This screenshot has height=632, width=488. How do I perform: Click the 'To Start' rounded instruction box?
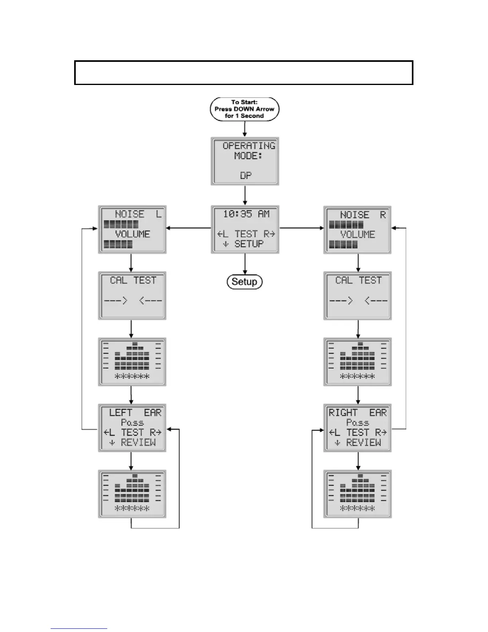click(244, 109)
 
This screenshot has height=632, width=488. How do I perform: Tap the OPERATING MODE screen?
click(244, 161)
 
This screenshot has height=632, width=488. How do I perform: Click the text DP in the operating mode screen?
click(246, 176)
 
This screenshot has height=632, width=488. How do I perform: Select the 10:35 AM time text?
click(246, 214)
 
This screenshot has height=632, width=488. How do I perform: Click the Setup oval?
click(244, 282)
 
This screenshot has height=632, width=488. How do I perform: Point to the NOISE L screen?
click(132, 229)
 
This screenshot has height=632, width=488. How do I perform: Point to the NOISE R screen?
click(357, 230)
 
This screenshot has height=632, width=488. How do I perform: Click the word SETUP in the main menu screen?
click(249, 244)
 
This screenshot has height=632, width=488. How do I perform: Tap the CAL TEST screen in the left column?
click(132, 296)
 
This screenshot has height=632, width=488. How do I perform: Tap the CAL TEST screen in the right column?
click(357, 296)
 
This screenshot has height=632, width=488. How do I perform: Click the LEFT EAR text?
click(135, 413)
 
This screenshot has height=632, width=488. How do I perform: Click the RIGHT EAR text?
click(357, 413)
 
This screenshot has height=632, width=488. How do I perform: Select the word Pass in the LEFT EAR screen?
click(132, 423)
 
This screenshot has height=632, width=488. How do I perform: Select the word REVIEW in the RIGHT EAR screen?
click(363, 442)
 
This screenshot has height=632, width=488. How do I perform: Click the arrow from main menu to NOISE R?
click(301, 228)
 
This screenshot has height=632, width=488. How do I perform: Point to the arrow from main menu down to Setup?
click(244, 264)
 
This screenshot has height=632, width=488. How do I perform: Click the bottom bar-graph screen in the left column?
click(132, 494)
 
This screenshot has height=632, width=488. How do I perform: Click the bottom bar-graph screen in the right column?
click(357, 494)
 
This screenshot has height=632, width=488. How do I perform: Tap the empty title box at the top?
click(244, 73)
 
